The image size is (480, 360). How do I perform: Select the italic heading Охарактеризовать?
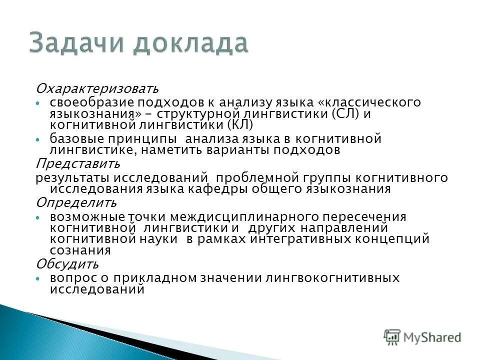pos(96,89)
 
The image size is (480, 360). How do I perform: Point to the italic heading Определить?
pos(76,203)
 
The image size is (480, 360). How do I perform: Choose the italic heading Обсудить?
pos(67,263)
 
